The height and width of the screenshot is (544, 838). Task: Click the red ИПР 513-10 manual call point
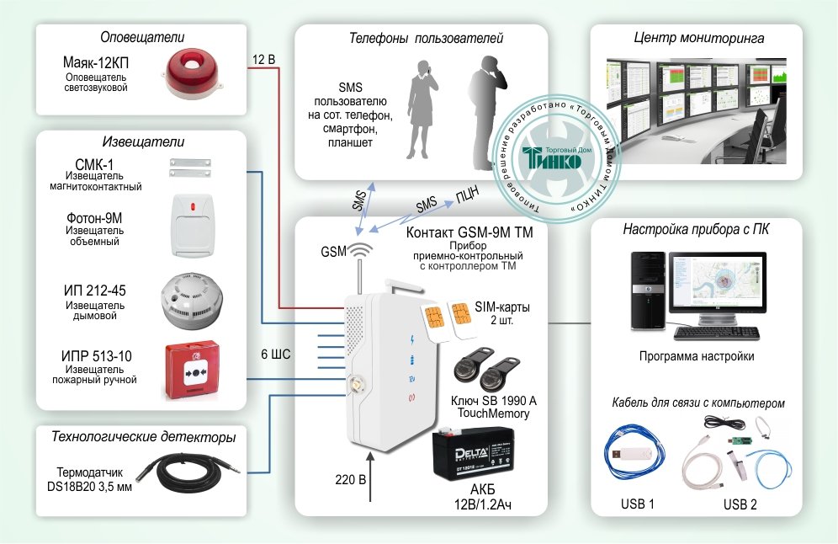[x=194, y=371]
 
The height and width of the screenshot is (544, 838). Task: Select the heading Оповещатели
[x=142, y=37]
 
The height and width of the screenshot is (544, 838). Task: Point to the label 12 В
[x=263, y=60]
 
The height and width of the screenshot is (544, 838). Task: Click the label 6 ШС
[x=276, y=355]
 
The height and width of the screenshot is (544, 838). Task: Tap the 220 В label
[x=350, y=481]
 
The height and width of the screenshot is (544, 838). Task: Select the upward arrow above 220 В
[x=369, y=477]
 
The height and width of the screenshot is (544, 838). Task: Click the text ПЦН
[x=467, y=195]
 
